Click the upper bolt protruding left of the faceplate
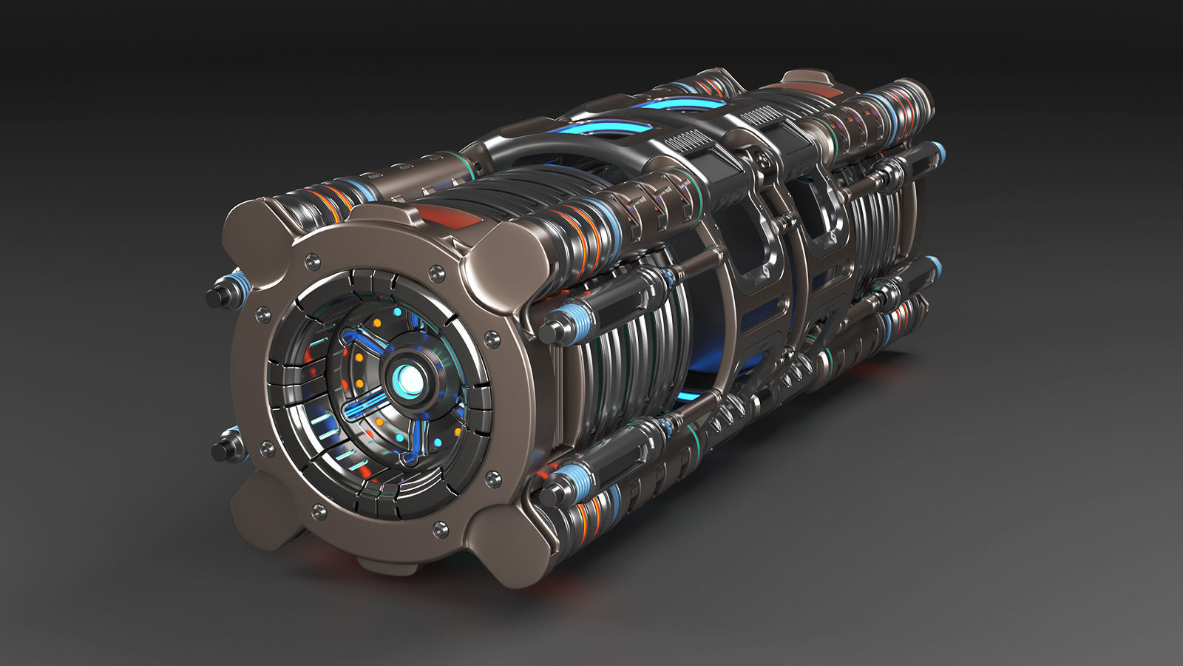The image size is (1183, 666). tap(218, 296)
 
